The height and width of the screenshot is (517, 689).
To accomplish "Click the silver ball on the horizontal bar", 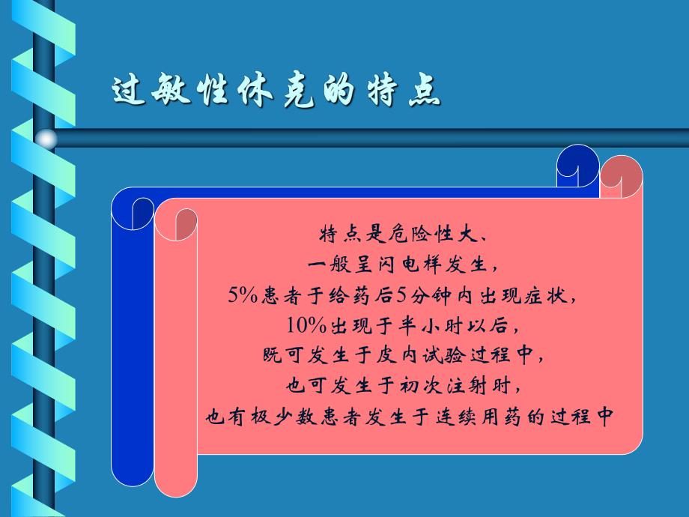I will (x=47, y=138).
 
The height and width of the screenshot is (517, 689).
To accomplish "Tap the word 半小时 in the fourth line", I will (x=430, y=325).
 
